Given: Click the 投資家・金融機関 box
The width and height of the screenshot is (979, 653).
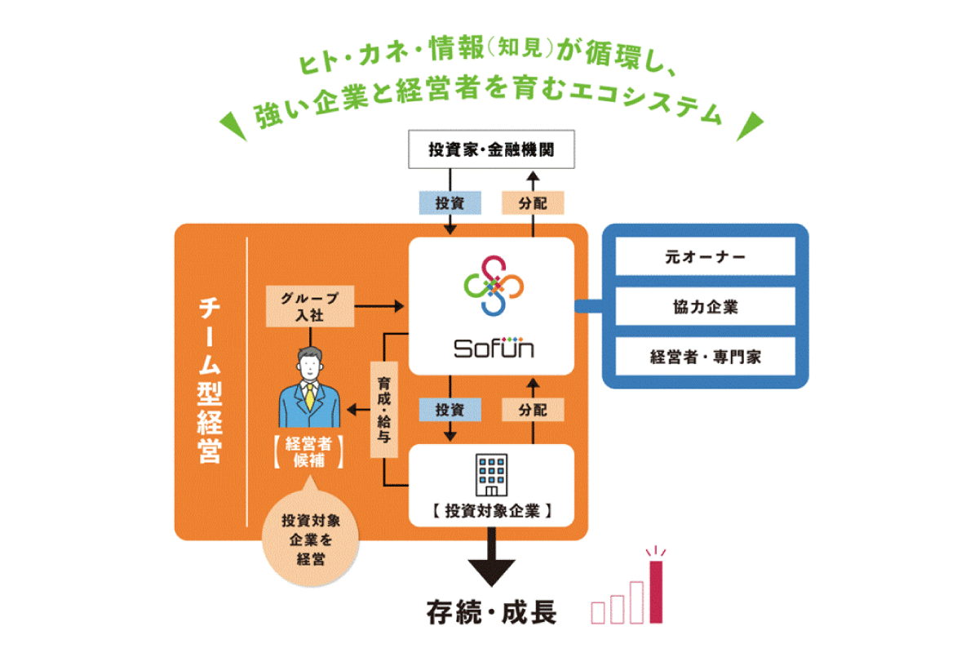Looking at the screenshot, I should [x=491, y=149].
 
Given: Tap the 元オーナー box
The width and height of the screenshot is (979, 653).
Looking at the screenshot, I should [x=705, y=257].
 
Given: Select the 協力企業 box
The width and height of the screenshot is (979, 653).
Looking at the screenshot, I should [x=705, y=308].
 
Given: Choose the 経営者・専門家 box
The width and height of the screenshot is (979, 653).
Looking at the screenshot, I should [x=705, y=357].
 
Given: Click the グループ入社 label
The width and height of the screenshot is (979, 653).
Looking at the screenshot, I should [x=311, y=305].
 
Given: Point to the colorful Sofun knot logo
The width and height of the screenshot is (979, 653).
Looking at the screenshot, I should [x=491, y=285].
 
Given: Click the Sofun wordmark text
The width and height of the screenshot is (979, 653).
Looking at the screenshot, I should [x=494, y=349].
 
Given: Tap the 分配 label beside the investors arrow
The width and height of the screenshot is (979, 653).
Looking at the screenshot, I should [x=533, y=202].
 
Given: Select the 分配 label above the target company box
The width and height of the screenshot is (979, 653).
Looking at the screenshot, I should [x=533, y=409].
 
